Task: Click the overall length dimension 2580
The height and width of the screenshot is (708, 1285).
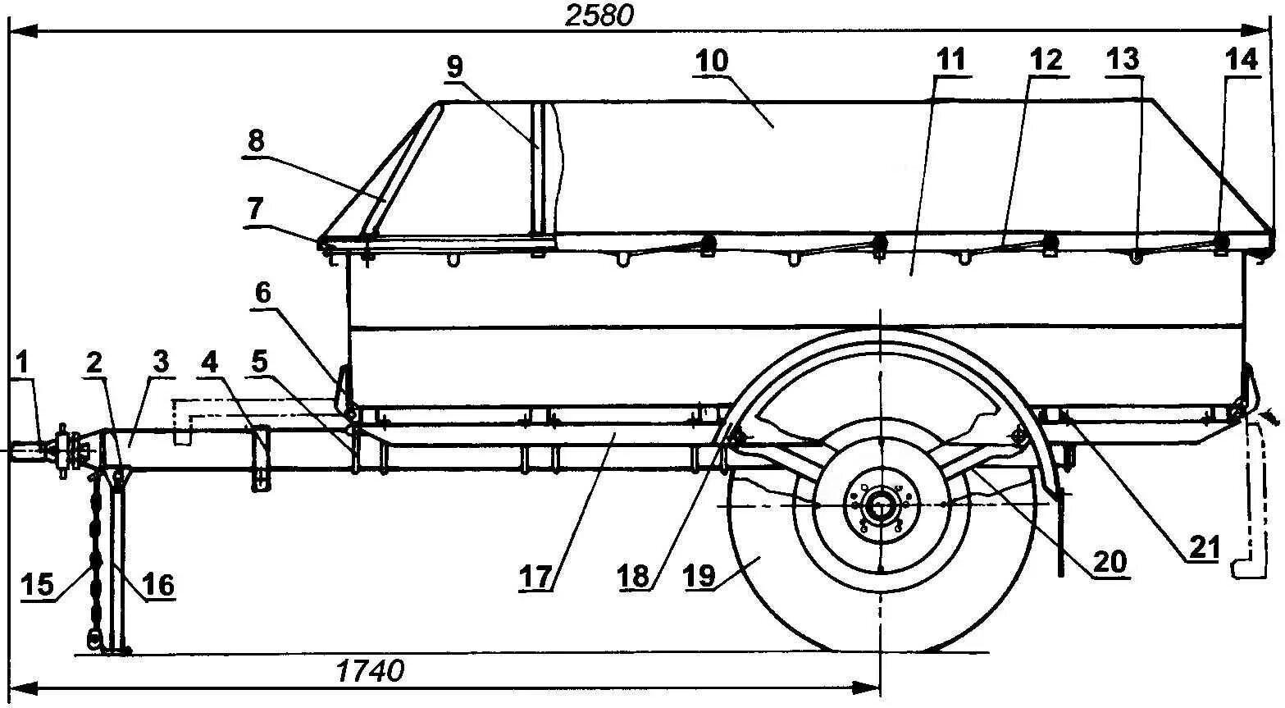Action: point(599,16)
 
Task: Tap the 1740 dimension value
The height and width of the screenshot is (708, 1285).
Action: point(370,671)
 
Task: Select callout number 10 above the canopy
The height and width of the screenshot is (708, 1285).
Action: point(710,62)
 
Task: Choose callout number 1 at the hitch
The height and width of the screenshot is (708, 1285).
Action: point(23,363)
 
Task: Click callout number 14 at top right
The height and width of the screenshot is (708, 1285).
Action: point(1240,60)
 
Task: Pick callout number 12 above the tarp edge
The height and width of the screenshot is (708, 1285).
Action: point(1046,59)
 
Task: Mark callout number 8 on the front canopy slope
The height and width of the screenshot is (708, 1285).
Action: point(256,140)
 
